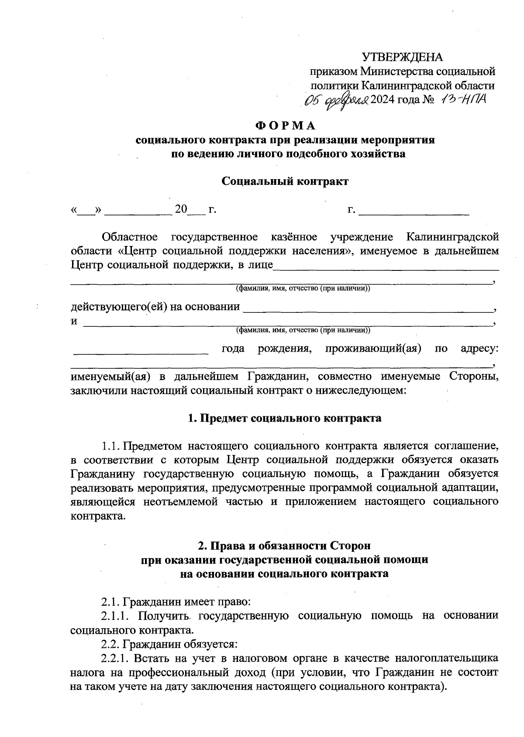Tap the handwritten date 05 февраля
pos(337,100)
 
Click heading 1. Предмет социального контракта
pos(284,418)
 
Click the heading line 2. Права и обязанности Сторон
pos(284,546)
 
